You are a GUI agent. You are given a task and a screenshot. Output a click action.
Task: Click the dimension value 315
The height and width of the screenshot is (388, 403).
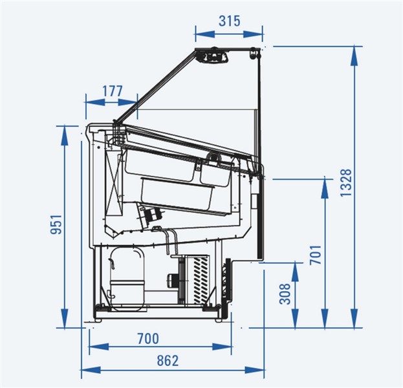[230, 21]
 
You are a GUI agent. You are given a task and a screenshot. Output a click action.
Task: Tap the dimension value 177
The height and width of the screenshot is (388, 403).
[113, 91]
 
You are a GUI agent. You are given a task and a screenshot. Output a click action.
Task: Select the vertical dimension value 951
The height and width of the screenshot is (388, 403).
[56, 224]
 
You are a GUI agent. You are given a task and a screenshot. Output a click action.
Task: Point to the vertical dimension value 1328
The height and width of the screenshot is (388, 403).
[345, 183]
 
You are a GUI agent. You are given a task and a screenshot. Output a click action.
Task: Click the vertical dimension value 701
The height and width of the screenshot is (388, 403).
[316, 255]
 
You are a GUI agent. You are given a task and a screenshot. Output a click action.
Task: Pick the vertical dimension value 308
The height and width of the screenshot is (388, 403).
[285, 294]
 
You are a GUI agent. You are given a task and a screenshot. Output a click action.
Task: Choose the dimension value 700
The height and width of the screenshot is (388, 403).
[148, 339]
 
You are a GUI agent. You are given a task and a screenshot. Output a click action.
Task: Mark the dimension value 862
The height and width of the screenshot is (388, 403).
[168, 360]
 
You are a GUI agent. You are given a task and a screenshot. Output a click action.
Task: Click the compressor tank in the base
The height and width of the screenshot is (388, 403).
[127, 279]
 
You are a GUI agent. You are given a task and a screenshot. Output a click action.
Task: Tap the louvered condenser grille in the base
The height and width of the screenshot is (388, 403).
[201, 280]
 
